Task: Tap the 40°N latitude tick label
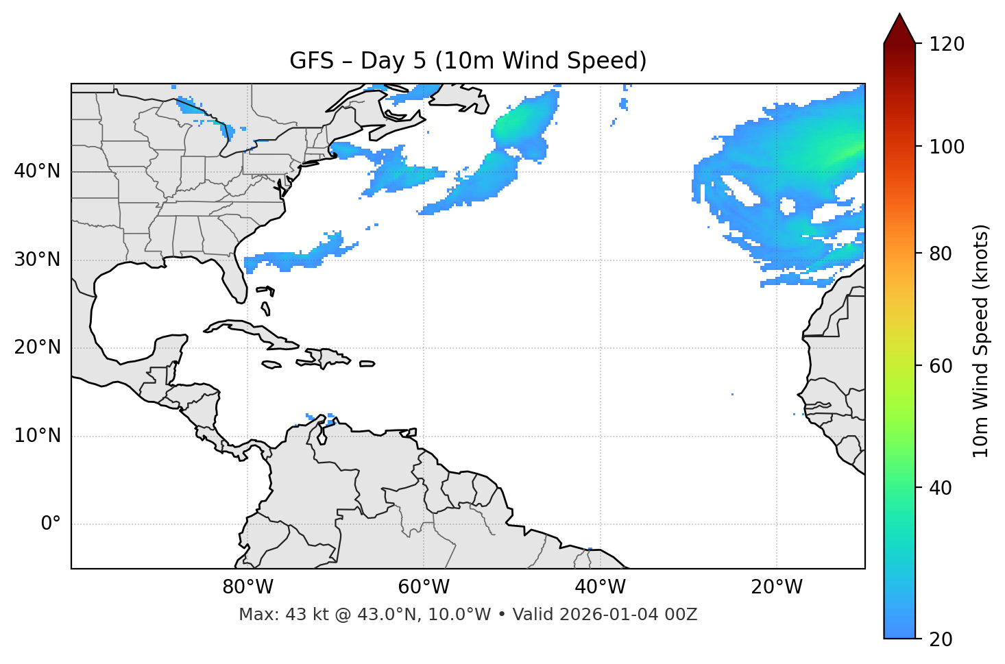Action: pyautogui.click(x=37, y=171)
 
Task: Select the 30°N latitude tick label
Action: pyautogui.click(x=37, y=260)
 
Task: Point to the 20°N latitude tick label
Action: pyautogui.click(x=37, y=347)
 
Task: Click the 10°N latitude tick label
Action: pyautogui.click(x=37, y=436)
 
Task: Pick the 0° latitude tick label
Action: pyautogui.click(x=51, y=524)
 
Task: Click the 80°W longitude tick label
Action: pyautogui.click(x=247, y=587)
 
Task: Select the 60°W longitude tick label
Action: pyautogui.click(x=424, y=587)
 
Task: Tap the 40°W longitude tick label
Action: pyautogui.click(x=600, y=587)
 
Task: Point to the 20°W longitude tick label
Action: pyautogui.click(x=776, y=587)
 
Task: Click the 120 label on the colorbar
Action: pyautogui.click(x=946, y=45)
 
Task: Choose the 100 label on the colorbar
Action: pyautogui.click(x=946, y=147)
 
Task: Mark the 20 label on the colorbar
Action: pyautogui.click(x=941, y=639)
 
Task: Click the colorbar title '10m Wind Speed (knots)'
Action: pyautogui.click(x=981, y=341)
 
